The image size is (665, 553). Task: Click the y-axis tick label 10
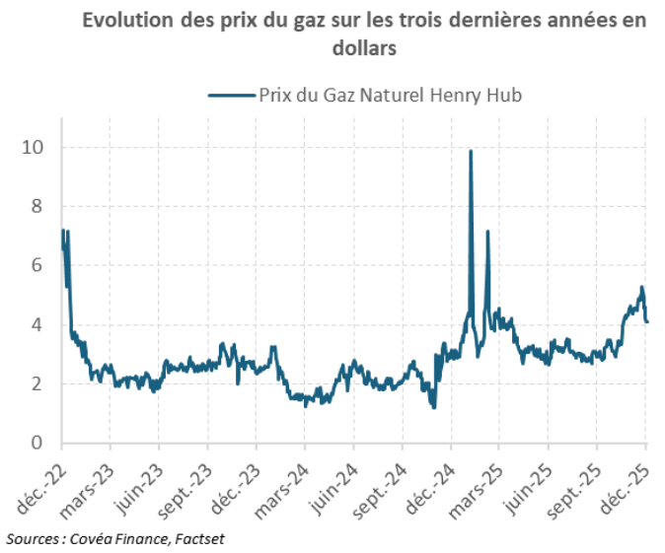37,148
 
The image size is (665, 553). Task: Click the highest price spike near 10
471,152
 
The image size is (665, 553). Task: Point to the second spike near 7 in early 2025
488,233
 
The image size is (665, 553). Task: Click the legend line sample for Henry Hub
229,95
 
